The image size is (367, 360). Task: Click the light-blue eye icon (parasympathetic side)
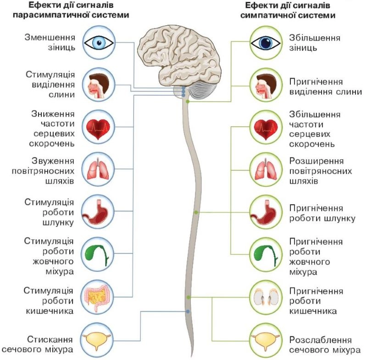pos(99,43)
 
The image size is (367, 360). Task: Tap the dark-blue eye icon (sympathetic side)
pos(267,43)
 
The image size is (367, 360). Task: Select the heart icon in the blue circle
pos(99,126)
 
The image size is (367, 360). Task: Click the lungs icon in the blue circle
pos(99,169)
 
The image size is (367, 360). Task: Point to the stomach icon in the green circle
pos(267,212)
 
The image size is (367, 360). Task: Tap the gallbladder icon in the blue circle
pos(99,254)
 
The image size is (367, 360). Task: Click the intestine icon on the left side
pos(99,296)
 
